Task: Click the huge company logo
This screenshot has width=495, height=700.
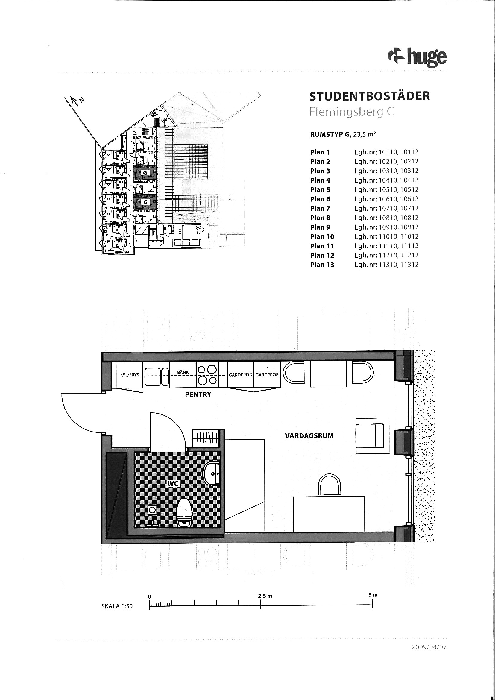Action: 417,57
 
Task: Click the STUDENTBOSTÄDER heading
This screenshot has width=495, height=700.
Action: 369,96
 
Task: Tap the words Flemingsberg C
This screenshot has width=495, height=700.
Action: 351,112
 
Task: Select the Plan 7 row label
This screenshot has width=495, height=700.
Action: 320,209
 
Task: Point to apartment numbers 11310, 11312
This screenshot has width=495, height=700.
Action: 398,265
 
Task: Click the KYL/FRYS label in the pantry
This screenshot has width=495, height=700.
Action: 130,375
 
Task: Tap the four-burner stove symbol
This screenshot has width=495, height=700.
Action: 207,375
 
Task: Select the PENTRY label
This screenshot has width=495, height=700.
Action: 198,394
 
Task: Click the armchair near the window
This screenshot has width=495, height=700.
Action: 373,436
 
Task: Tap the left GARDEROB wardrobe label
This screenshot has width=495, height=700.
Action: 240,375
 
